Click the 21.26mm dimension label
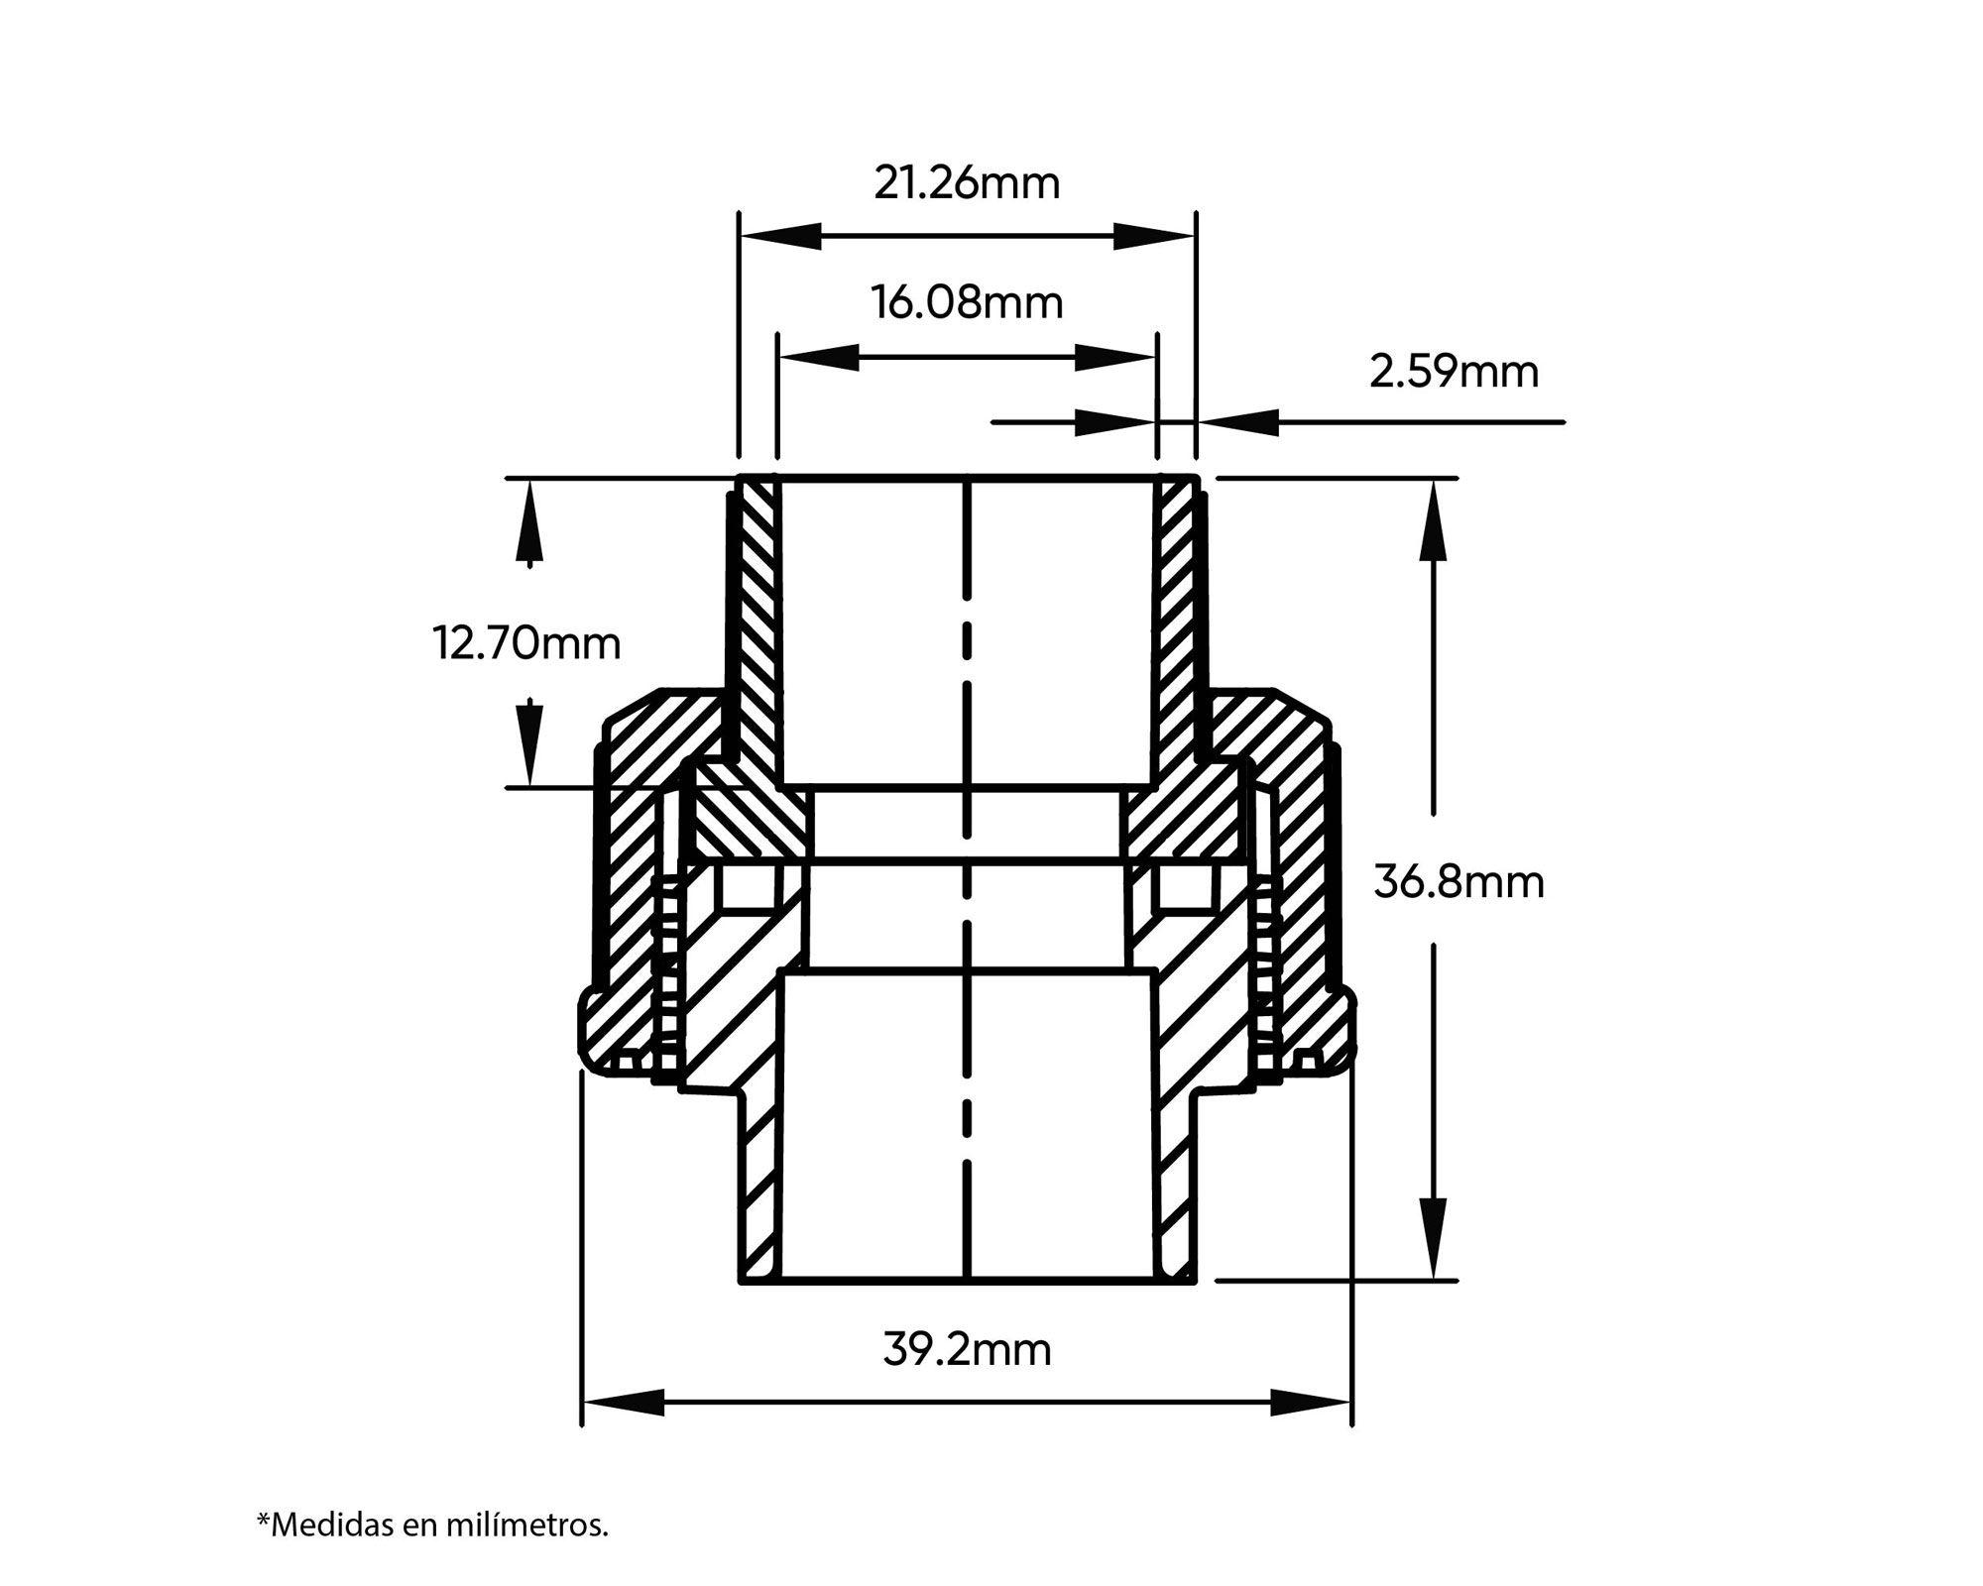coord(967,184)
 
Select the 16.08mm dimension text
coord(967,302)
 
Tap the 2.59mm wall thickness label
coord(1454,372)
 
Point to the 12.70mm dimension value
coord(526,643)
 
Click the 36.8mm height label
coord(1458,881)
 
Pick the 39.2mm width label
coord(967,1350)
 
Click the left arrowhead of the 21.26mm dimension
coord(781,237)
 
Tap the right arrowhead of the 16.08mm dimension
coord(1115,357)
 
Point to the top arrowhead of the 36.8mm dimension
coord(1432,520)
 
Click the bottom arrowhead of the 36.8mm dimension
coord(1432,1238)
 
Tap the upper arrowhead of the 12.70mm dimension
coord(530,522)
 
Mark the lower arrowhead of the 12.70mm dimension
coord(530,742)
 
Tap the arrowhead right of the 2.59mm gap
coord(1236,422)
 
